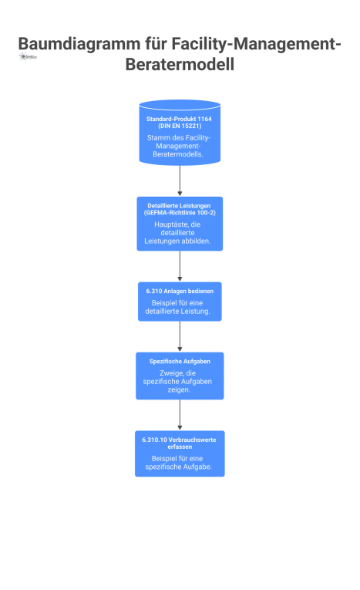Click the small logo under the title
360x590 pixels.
[28, 57]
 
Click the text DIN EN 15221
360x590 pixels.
[180, 126]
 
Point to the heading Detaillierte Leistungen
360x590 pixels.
[180, 206]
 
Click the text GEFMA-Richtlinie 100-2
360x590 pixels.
[180, 212]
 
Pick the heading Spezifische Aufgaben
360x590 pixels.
[180, 361]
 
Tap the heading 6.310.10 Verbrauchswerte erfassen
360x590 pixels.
[180, 443]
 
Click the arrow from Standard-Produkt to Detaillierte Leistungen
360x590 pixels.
[180, 180]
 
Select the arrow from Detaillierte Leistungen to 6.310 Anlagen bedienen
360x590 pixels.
[180, 265]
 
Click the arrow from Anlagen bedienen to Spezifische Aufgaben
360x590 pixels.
[180, 335]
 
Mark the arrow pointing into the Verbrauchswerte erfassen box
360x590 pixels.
[180, 414]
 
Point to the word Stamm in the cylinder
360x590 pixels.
[158, 138]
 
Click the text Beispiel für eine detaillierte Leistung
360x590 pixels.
[180, 308]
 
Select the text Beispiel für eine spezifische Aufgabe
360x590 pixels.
[180, 464]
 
